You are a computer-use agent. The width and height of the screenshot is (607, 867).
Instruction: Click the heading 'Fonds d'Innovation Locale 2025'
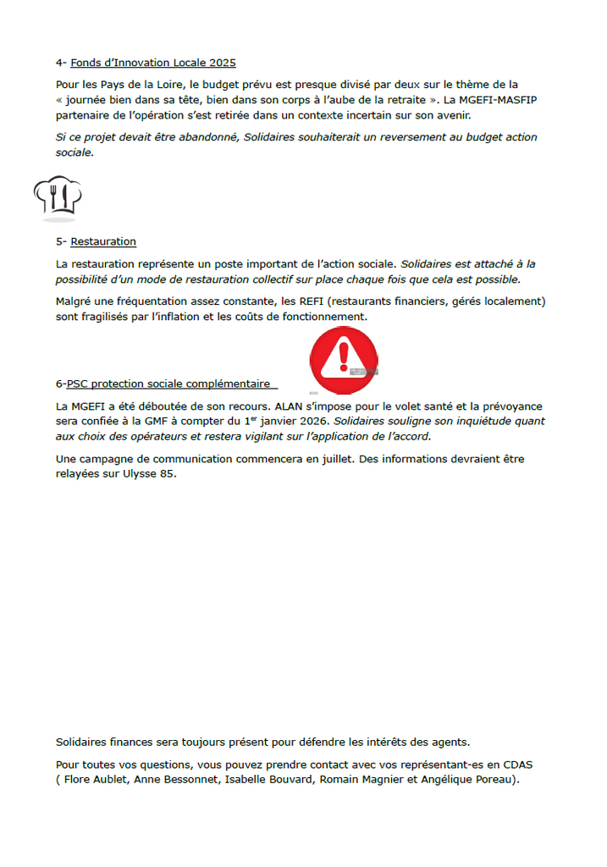pyautogui.click(x=153, y=63)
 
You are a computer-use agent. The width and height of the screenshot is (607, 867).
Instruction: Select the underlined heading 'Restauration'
pyautogui.click(x=103, y=241)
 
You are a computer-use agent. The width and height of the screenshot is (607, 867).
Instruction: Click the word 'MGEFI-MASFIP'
pyautogui.click(x=500, y=100)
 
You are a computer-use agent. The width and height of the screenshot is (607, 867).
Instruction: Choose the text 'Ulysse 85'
pyautogui.click(x=152, y=473)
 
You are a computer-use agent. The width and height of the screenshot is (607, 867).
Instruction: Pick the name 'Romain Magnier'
pyautogui.click(x=363, y=779)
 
